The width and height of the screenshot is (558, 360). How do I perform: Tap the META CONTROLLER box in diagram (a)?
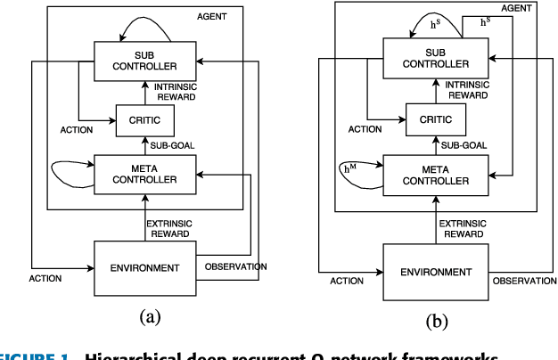144,173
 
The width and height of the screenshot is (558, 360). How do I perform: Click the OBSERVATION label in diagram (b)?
523,281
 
